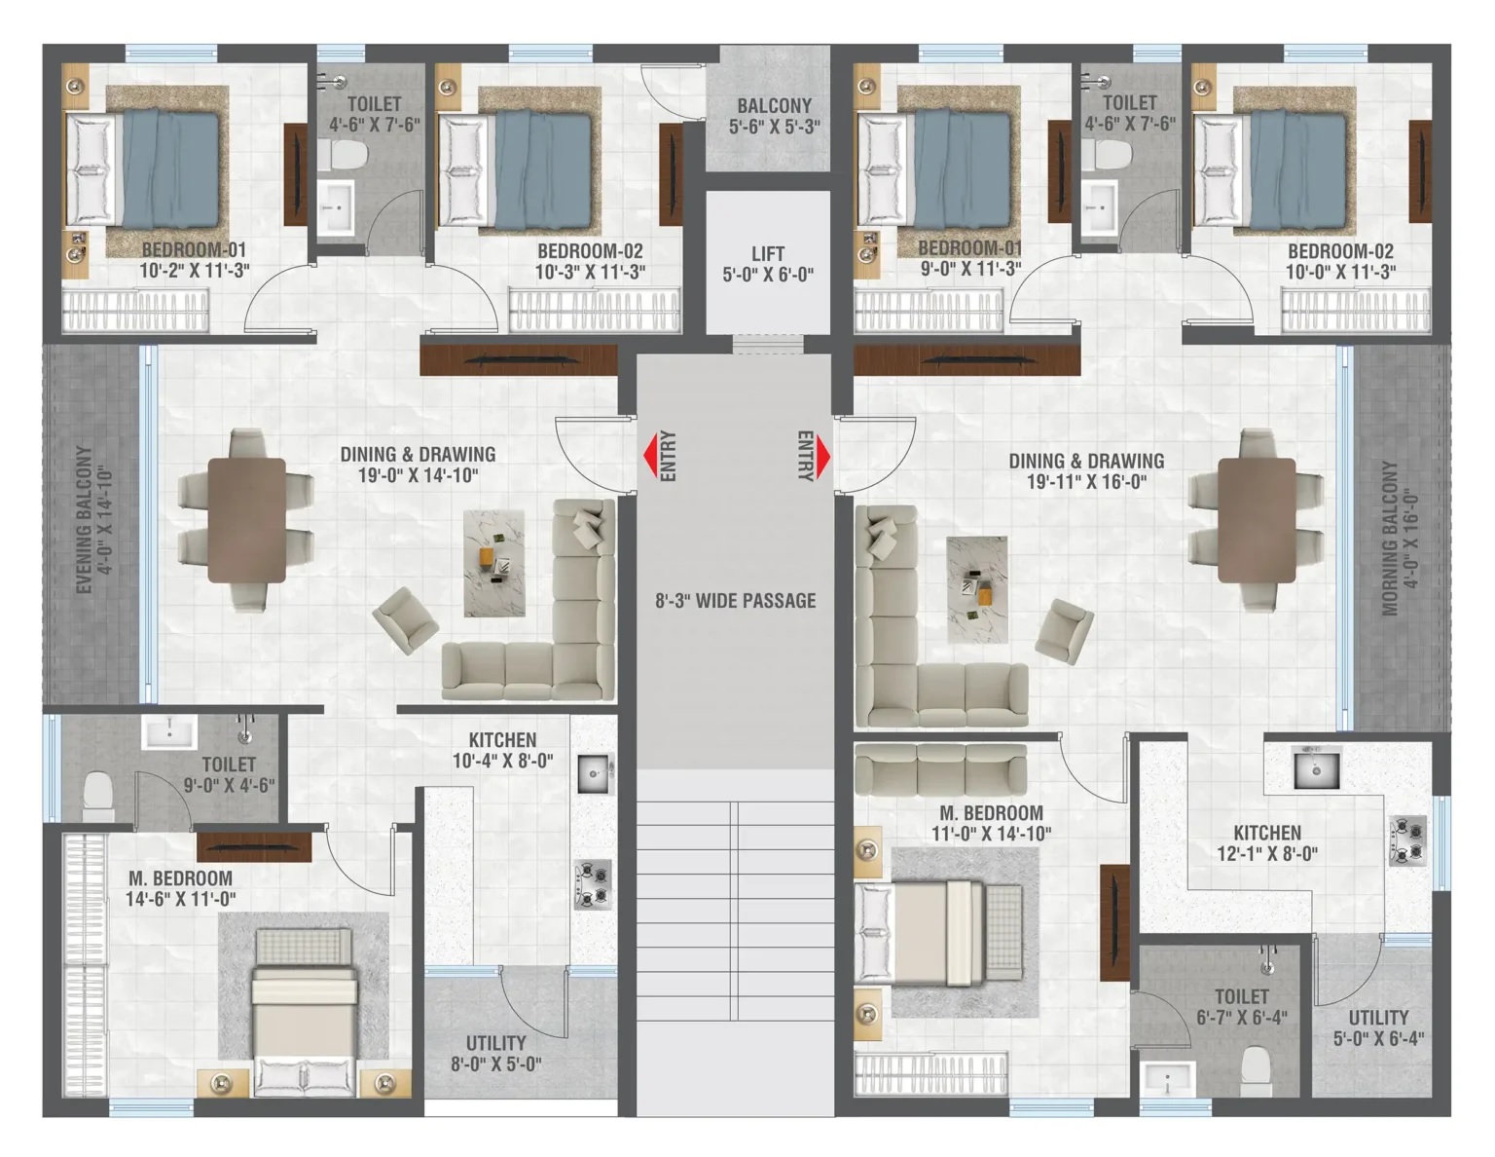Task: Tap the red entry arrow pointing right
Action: coord(822,457)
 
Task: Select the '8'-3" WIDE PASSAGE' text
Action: coord(735,601)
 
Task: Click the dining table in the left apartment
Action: coord(246,520)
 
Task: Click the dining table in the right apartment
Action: coord(1257,520)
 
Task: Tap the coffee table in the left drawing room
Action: coord(494,563)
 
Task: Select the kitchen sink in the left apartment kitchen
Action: coord(593,773)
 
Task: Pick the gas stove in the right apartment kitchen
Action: coord(1407,840)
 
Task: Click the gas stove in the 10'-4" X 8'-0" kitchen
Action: coord(593,884)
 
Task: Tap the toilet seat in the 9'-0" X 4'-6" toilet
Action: coord(97,794)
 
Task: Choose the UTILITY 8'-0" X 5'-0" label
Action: coord(496,1053)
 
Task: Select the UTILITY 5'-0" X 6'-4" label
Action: coord(1378,1027)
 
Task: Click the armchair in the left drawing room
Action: coord(405,620)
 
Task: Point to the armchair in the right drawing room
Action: coord(1064,631)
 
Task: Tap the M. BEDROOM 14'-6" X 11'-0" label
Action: coord(180,888)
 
